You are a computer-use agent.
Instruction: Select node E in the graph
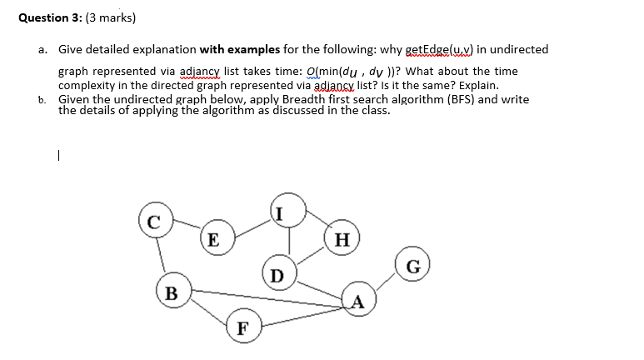click(213, 241)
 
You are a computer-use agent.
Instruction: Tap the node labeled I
click(281, 215)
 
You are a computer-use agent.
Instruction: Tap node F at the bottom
click(242, 327)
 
